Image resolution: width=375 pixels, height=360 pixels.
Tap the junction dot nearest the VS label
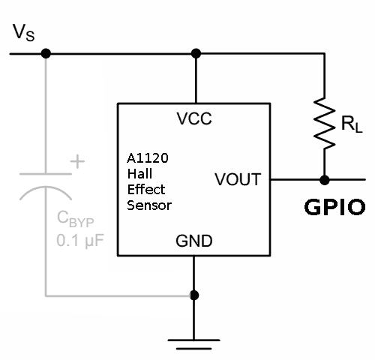coord(46,53)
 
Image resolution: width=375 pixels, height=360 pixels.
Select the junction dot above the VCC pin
coord(196,53)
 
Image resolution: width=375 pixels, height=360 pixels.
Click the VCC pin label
coord(194,118)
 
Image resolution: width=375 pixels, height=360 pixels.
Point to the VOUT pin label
coord(238,180)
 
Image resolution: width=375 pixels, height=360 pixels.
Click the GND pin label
coord(193,241)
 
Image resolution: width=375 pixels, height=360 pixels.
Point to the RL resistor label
coord(351,124)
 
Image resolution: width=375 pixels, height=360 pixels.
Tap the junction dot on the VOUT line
coord(325,180)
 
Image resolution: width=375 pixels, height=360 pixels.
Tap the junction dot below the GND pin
coord(194,295)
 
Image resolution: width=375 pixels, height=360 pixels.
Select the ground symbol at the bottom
coord(194,343)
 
